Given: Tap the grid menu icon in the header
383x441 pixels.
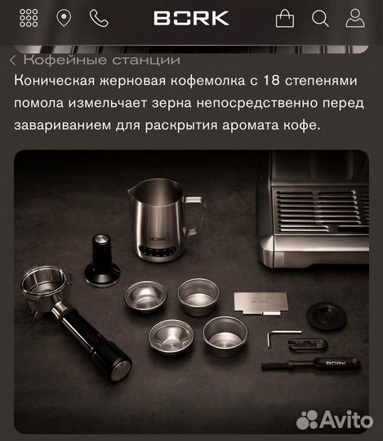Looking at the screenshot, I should (28, 18).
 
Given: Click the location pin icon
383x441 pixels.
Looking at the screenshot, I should (64, 18).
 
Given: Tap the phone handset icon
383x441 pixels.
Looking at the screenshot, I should (99, 18).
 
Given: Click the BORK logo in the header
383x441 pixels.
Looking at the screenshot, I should (191, 18).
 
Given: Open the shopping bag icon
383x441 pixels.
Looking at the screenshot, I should (284, 19).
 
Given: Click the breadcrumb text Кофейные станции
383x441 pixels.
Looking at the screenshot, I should (101, 60).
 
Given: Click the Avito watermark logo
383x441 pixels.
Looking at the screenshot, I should (336, 419).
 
